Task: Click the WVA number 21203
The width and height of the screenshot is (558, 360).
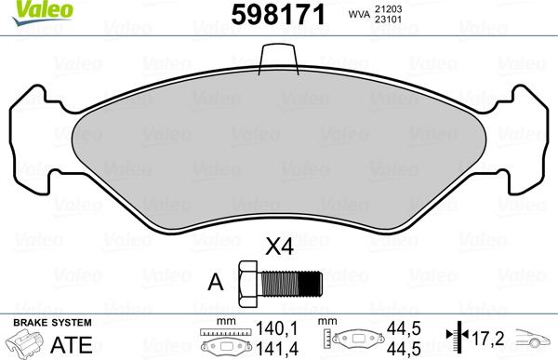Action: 390,8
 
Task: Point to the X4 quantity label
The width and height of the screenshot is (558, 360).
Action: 278,248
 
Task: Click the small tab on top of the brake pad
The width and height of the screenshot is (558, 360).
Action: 278,59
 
